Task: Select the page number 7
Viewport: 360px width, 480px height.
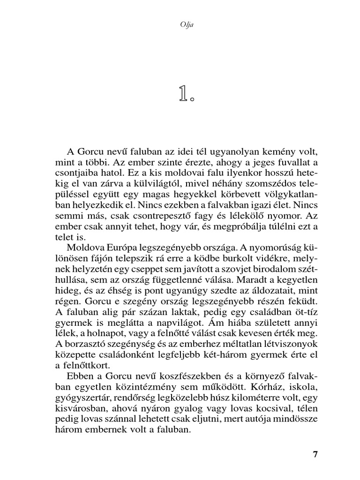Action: (x=315, y=454)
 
